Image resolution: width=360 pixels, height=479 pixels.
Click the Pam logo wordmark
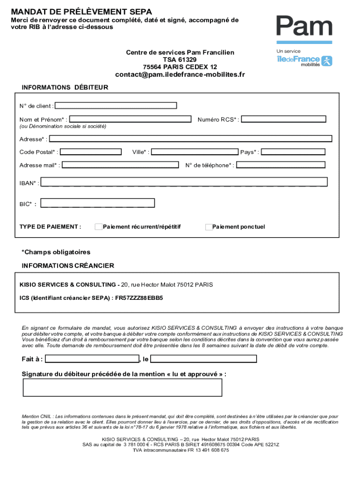tap(304, 27)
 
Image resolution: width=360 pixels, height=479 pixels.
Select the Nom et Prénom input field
tap(130, 119)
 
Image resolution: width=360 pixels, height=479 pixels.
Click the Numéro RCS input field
tap(283, 119)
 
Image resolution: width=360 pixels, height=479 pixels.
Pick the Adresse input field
tap(191, 138)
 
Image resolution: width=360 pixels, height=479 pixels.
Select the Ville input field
tap(194, 152)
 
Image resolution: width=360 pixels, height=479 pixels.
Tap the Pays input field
tap(293, 152)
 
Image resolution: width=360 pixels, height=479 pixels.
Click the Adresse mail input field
tap(120, 165)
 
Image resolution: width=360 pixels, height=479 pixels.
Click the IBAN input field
tap(184, 182)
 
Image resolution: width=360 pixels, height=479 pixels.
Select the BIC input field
tap(98, 203)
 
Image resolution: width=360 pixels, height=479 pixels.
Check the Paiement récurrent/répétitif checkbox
tap(98, 227)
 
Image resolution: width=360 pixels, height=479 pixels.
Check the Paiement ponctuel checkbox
tap(209, 227)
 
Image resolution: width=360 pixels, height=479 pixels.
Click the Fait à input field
tap(92, 359)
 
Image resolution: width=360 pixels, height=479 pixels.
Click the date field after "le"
tap(203, 359)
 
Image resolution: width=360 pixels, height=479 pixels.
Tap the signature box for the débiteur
tap(122, 387)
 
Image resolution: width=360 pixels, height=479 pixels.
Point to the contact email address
tap(180, 75)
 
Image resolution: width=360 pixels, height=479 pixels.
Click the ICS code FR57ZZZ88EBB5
tap(139, 298)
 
